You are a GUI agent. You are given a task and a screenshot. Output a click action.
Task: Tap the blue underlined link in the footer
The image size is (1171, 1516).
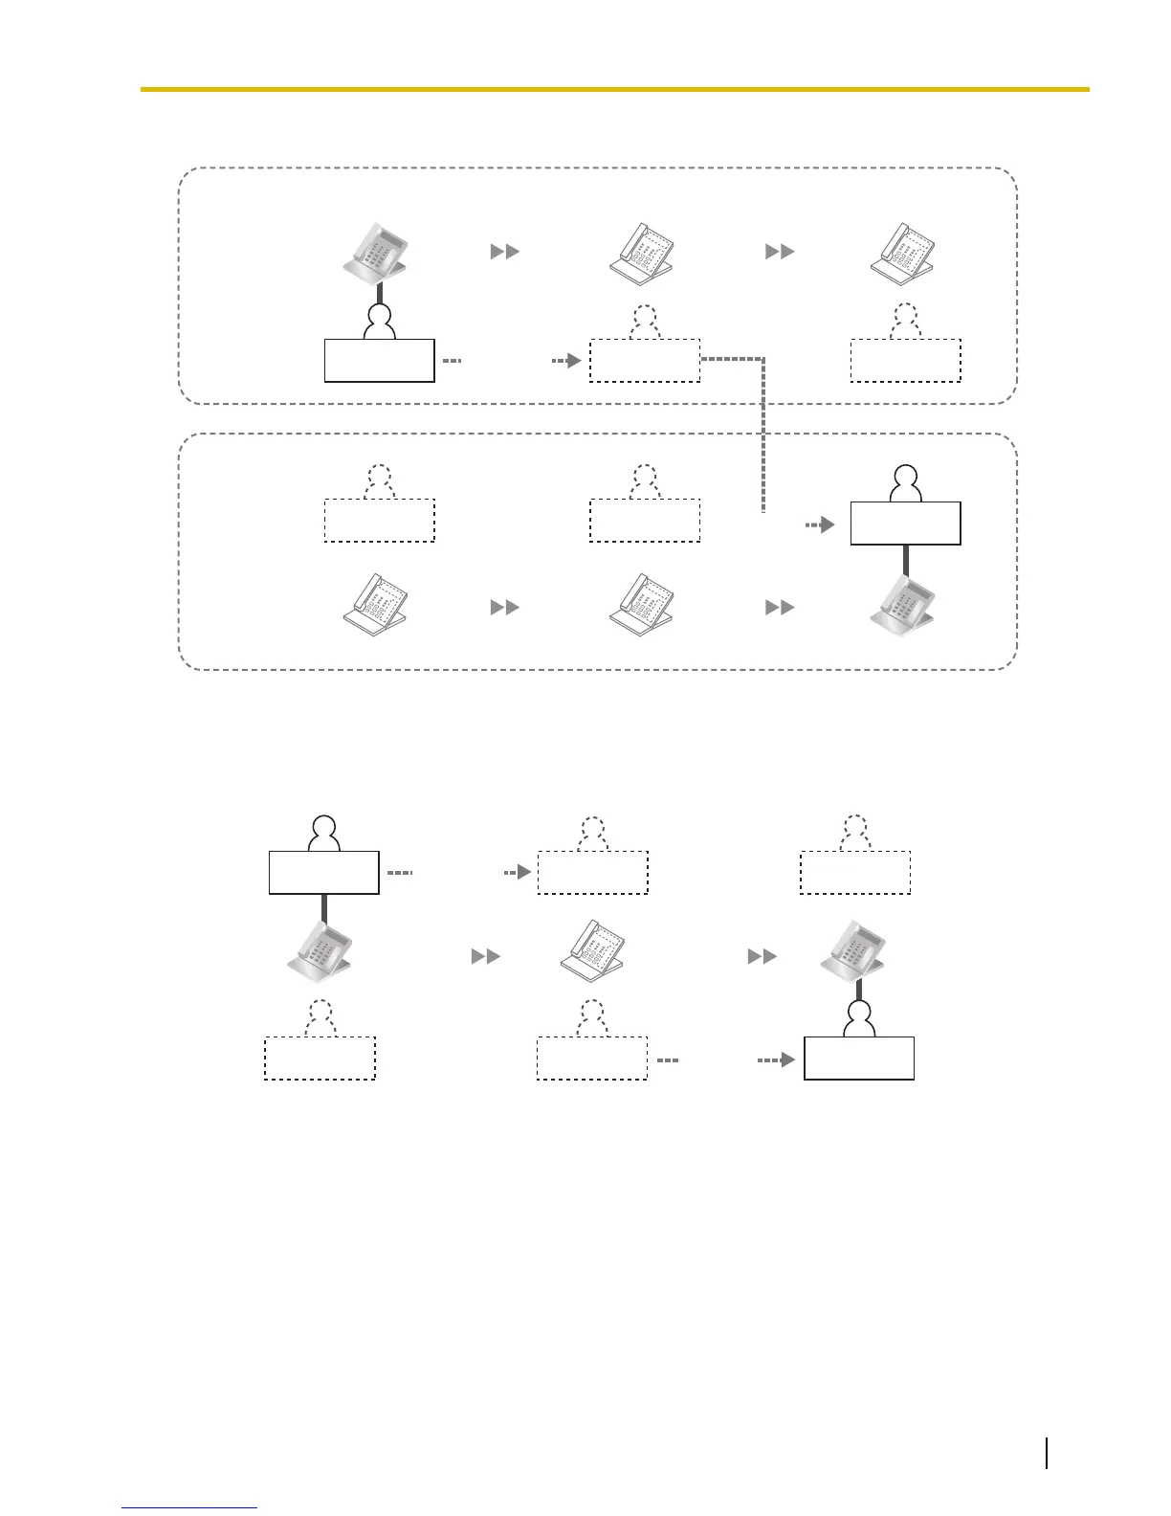click(189, 1508)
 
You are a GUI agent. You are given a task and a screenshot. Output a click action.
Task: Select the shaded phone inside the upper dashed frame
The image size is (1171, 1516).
click(379, 254)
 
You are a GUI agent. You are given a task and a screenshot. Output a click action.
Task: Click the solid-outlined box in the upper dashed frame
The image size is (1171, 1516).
click(380, 360)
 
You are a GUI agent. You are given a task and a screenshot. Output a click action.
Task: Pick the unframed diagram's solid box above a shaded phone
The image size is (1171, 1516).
click(324, 872)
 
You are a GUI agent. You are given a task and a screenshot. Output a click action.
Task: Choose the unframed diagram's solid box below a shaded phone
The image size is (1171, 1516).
click(859, 1058)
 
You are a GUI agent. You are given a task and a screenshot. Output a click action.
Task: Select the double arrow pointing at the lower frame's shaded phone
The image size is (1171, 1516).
click(780, 607)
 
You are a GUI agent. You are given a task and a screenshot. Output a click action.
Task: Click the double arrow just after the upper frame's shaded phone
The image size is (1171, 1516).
click(504, 251)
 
